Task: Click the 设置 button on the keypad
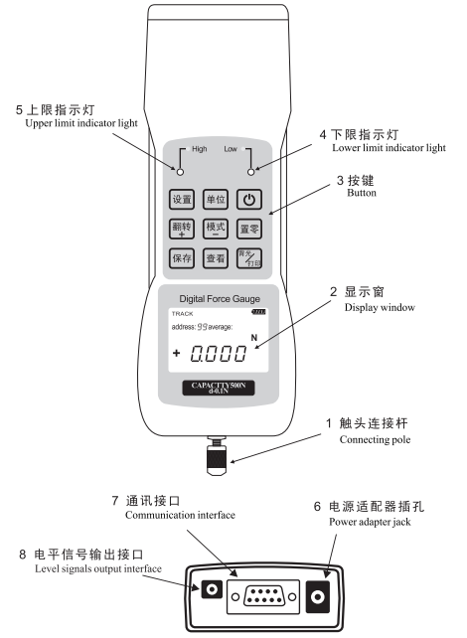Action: click(182, 199)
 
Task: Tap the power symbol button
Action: click(249, 199)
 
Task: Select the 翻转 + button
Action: click(182, 230)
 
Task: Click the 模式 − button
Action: click(216, 230)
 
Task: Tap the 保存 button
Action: click(182, 259)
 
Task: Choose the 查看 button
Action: click(216, 259)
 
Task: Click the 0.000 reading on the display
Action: click(218, 354)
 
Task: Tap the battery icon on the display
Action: click(259, 313)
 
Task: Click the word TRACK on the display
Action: click(183, 313)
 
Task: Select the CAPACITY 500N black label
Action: click(218, 388)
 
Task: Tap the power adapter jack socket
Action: click(319, 598)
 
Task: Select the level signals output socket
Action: click(211, 591)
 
